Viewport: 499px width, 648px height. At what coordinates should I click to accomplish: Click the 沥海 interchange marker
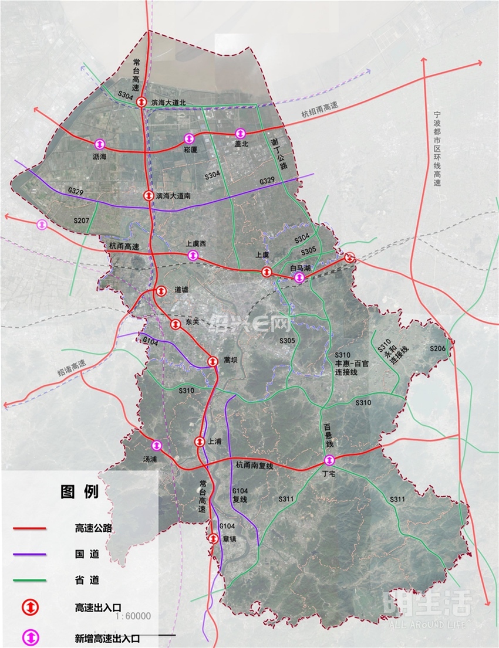[99, 144]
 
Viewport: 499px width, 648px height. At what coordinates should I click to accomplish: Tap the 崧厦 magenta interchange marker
[189, 138]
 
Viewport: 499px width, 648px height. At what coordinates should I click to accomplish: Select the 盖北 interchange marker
[240, 133]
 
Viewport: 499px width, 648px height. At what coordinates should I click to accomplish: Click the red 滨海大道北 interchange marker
[141, 103]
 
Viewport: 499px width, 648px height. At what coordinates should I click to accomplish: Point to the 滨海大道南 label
[176, 196]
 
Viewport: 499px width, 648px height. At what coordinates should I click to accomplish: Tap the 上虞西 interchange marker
[193, 255]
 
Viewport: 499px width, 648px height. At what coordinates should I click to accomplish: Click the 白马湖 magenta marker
[299, 277]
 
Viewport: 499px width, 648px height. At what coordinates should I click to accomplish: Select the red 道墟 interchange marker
[160, 290]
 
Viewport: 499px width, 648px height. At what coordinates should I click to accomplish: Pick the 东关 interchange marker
[175, 324]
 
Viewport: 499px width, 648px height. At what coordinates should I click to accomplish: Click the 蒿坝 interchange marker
[213, 361]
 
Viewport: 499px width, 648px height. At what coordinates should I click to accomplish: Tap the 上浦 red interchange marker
[200, 442]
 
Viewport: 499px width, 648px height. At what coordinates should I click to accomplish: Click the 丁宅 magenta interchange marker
[329, 460]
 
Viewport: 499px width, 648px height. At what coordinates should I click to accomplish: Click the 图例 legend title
[79, 492]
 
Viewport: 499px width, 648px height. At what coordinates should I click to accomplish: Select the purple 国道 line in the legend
[30, 554]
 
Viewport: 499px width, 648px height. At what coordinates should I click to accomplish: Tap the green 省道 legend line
[30, 581]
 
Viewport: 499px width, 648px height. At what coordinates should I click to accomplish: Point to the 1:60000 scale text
[133, 616]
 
